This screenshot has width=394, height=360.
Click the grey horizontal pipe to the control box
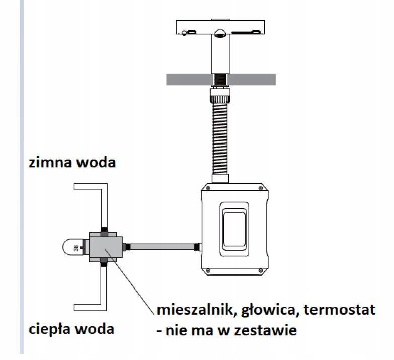[x=162, y=247]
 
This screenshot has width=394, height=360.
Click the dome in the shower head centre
[x=220, y=33]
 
